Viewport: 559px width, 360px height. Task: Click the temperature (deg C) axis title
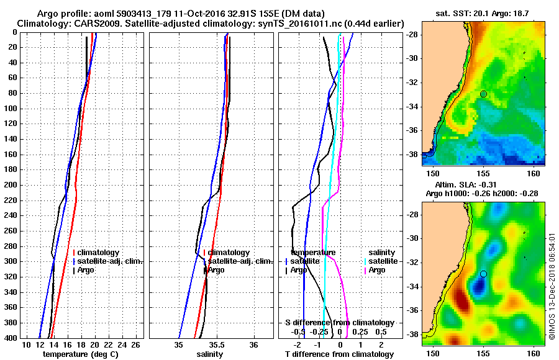(80, 354)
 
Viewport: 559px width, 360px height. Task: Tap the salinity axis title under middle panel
(211, 354)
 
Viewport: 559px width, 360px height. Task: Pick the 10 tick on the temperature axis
(26, 344)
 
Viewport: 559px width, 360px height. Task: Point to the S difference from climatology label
(340, 323)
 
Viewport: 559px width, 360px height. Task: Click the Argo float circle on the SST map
(483, 94)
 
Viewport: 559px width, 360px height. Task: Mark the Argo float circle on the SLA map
(483, 274)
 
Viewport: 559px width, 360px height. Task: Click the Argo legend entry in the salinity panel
(216, 270)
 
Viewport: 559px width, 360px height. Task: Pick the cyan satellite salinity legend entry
(384, 261)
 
